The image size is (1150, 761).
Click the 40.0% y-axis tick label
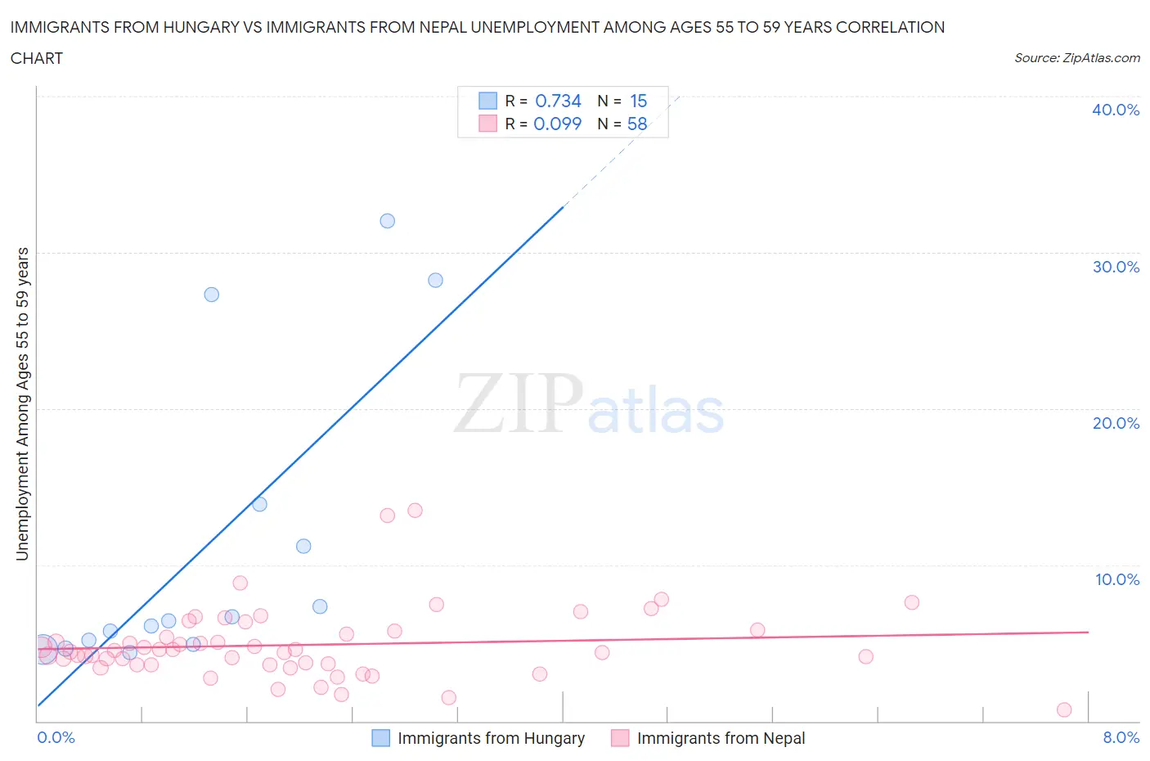pos(1115,110)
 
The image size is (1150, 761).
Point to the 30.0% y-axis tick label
pos(1115,267)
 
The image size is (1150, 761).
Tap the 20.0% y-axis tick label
pos(1115,423)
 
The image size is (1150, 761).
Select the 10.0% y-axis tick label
pos(1116,579)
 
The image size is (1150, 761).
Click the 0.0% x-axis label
pos(56,737)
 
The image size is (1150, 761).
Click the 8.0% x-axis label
pos(1121,737)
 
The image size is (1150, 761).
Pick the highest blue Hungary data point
pos(388,221)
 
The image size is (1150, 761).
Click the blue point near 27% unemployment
pos(212,295)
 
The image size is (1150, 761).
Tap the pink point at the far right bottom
pos(1064,709)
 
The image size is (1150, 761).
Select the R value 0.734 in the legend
pos(558,101)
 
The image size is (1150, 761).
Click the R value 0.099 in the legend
pos(557,124)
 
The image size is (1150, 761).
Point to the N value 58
pos(637,124)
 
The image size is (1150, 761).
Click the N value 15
pos(638,101)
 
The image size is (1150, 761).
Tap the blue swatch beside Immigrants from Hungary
pos(381,738)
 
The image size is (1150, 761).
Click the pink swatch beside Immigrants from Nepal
pos(620,738)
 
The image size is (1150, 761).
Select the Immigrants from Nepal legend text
pos(721,738)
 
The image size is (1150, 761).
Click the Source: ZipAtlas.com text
pos(1076,57)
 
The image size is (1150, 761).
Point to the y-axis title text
pos(22,403)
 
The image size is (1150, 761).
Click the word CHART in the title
pos(37,58)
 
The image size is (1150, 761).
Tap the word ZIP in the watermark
pos(518,403)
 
